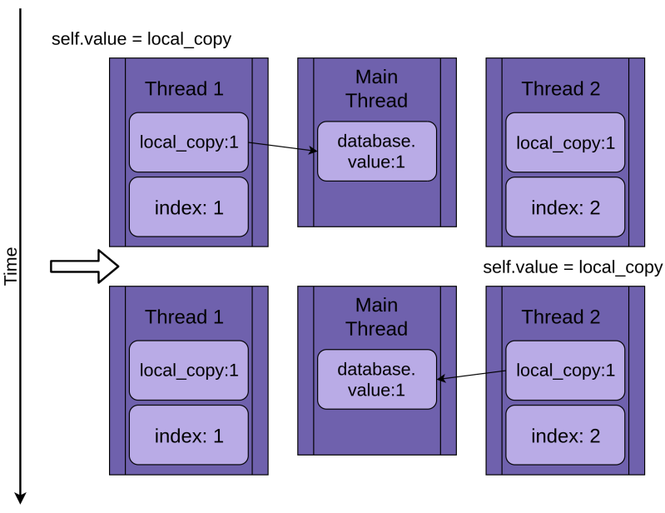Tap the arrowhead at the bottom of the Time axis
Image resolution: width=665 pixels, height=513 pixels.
tap(21, 497)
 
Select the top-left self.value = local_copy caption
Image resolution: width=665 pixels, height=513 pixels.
tap(141, 39)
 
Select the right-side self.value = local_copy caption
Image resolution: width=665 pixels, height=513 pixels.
tap(573, 268)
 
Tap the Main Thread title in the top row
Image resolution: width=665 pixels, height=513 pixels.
tap(376, 89)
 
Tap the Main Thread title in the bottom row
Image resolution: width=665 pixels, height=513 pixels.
tap(376, 317)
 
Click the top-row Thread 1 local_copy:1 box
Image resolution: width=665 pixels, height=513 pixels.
tap(188, 142)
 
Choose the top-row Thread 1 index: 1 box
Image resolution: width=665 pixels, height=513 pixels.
tap(188, 207)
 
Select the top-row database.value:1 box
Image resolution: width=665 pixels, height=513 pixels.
tap(376, 152)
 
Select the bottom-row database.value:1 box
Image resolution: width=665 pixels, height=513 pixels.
tap(376, 380)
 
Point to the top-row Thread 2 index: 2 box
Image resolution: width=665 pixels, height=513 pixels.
tap(565, 207)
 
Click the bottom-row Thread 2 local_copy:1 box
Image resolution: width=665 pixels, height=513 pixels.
tap(565, 371)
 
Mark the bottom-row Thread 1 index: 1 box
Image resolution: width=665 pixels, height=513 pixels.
tap(188, 435)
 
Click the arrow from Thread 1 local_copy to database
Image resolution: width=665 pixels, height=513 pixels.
tap(283, 147)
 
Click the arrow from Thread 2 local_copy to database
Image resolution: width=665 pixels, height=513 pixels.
tap(472, 376)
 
